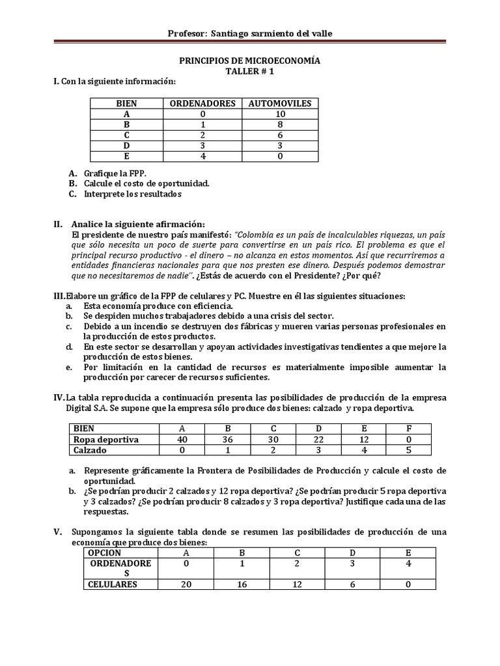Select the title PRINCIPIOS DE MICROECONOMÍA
250,60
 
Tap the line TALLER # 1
250,72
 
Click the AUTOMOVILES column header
280,103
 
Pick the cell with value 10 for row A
280,114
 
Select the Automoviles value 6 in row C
280,135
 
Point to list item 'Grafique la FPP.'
115,174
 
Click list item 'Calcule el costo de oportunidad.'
146,183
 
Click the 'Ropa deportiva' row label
106,440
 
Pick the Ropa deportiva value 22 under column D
318,440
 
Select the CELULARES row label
113,584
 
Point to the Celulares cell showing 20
186,584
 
